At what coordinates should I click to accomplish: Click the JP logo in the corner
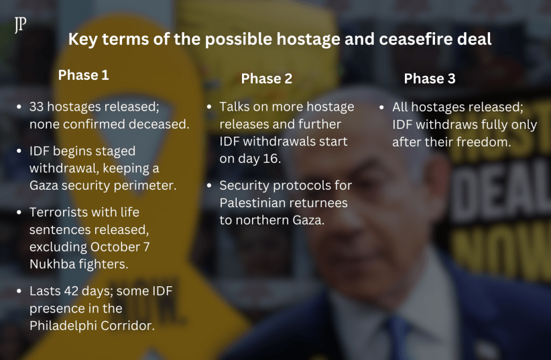(x=20, y=25)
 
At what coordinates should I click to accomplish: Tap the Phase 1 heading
(x=83, y=75)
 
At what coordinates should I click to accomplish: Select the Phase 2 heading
(x=266, y=78)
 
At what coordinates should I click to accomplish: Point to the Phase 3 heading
(x=430, y=78)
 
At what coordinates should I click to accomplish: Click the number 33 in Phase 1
(x=36, y=107)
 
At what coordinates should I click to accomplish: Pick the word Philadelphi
(x=63, y=326)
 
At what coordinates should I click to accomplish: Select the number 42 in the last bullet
(x=71, y=291)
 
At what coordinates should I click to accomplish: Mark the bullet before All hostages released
(x=381, y=107)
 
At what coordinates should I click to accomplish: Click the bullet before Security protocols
(x=209, y=185)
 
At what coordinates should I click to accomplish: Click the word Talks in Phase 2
(x=234, y=107)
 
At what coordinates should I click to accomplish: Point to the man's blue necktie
(x=397, y=337)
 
